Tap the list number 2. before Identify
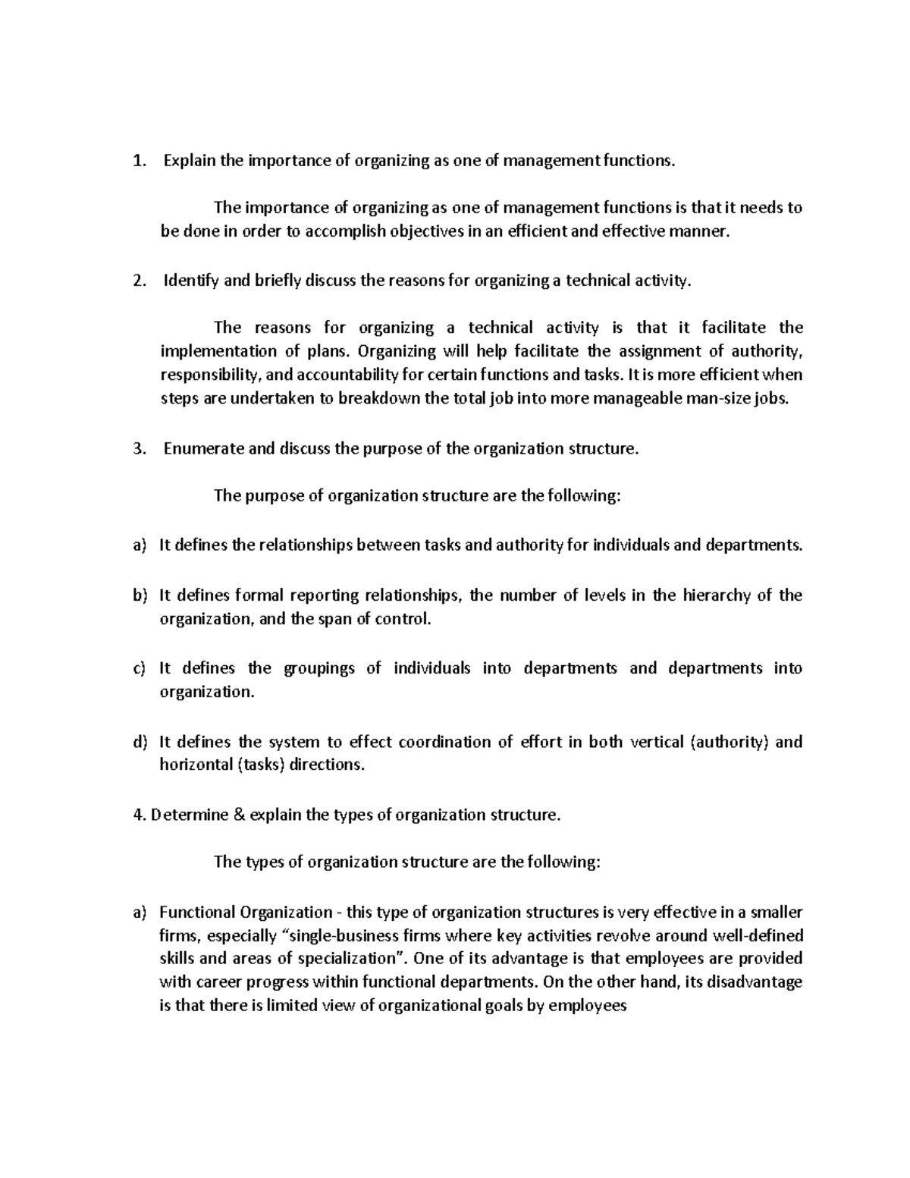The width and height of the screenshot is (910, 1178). point(138,281)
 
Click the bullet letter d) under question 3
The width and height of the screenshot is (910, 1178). point(139,742)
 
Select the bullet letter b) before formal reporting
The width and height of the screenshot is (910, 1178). point(139,595)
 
